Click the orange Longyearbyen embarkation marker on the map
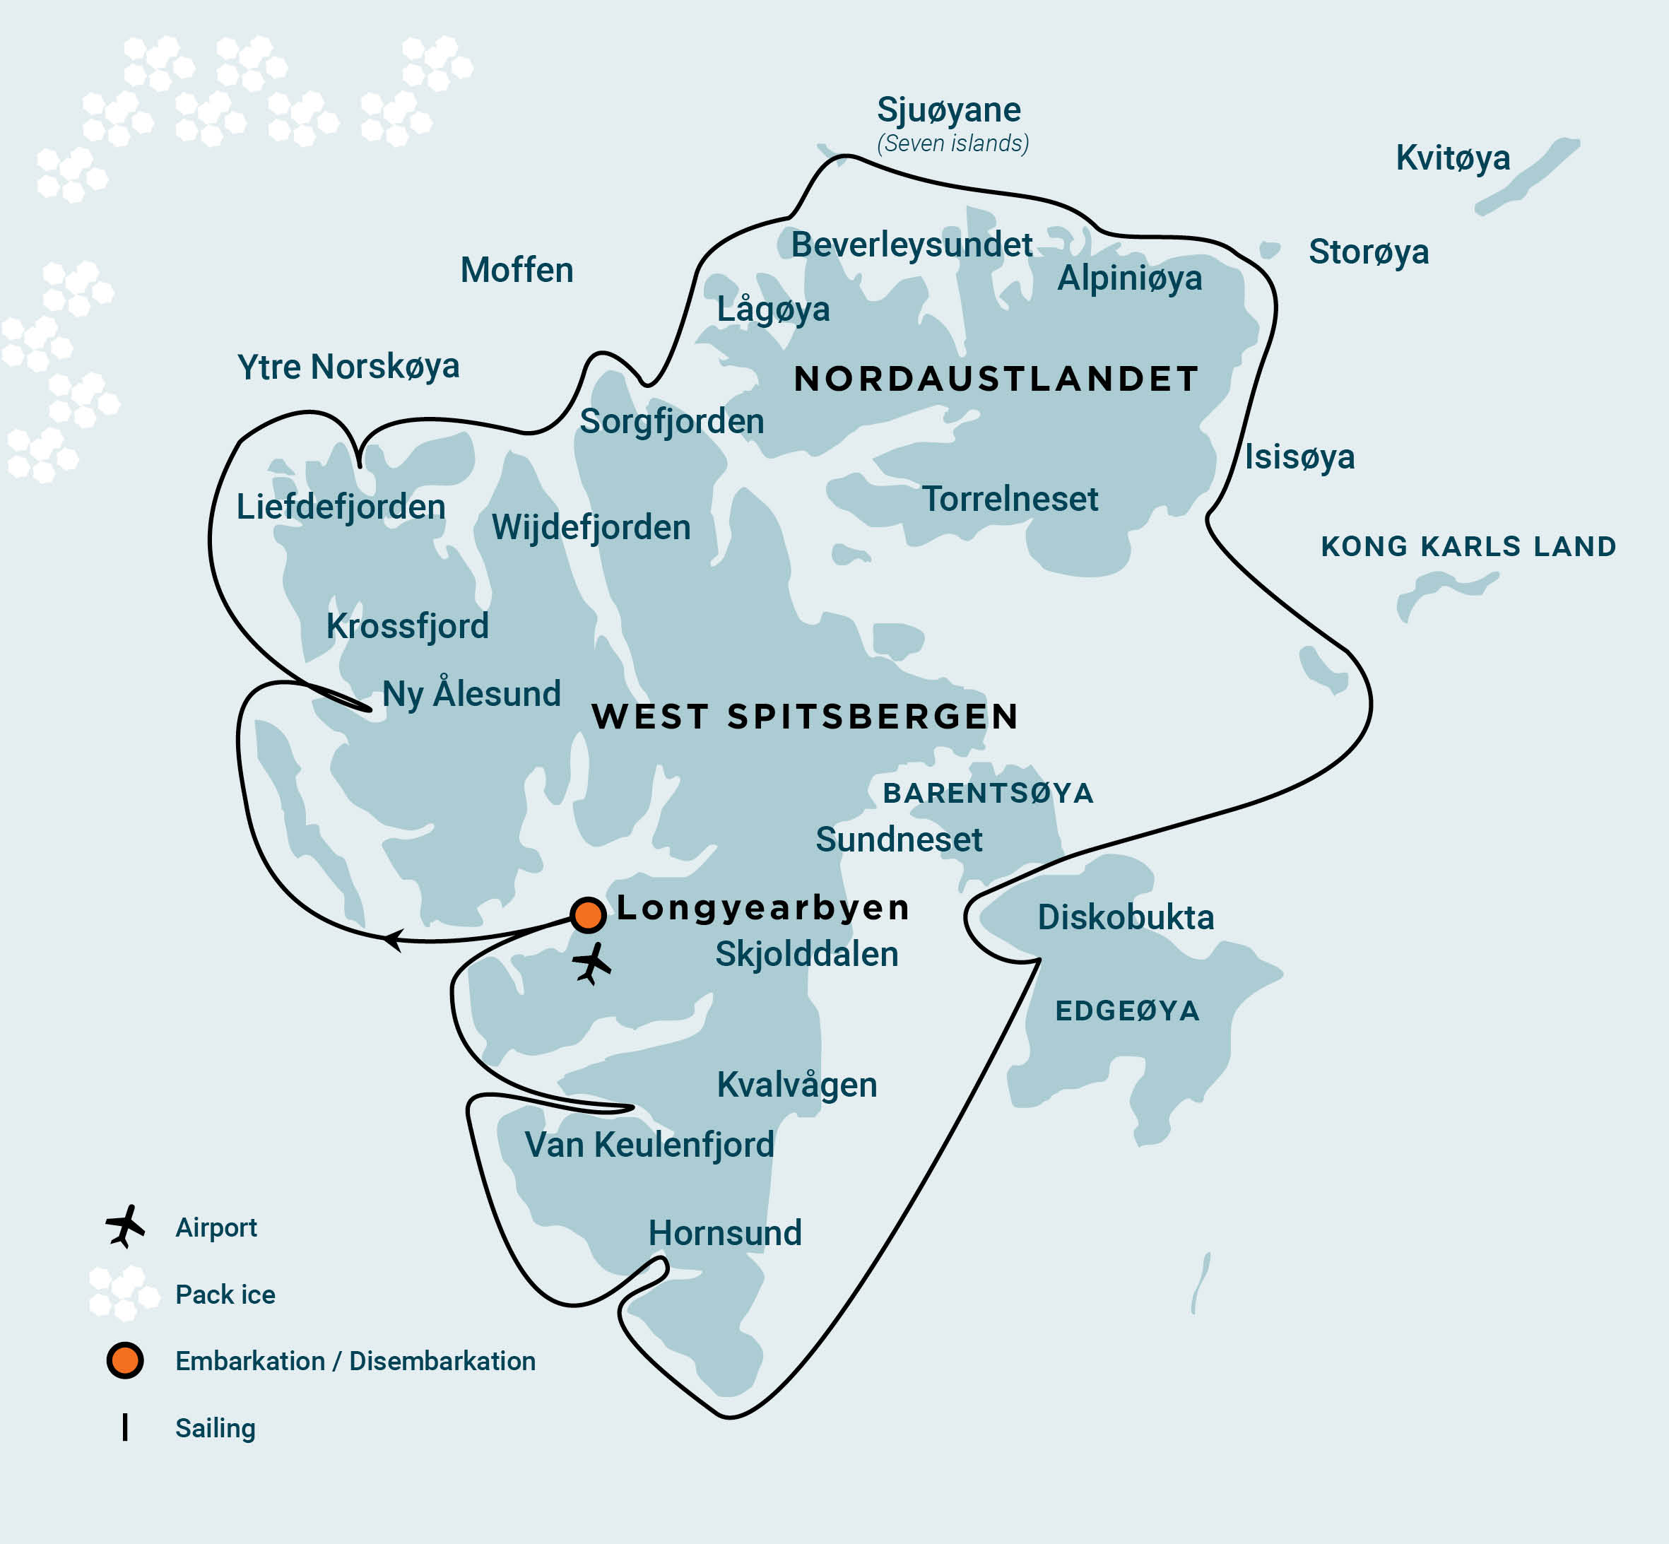pos(587,915)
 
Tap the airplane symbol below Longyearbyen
pos(592,963)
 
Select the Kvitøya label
pos(1453,158)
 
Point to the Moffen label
pos(517,270)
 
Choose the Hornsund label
pos(724,1233)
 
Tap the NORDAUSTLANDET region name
pos(996,379)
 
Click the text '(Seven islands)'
pos(953,143)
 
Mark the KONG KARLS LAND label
pos(1468,546)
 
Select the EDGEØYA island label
pos(1127,1011)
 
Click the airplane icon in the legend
pos(125,1226)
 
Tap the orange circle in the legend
pos(125,1361)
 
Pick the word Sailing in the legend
pos(215,1428)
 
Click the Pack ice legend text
pos(225,1294)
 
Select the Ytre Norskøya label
pos(348,367)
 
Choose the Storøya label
pos(1368,252)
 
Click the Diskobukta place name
pos(1125,917)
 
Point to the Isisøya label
pos(1299,457)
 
